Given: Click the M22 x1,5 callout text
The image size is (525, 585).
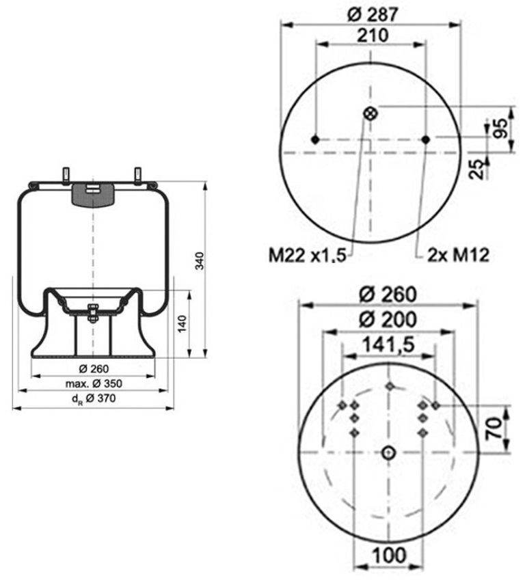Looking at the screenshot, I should tap(307, 256).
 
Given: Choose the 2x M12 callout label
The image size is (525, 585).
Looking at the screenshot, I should tap(457, 256).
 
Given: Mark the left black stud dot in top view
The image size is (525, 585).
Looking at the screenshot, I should tap(315, 139).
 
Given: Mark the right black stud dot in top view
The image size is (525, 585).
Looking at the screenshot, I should tap(426, 139).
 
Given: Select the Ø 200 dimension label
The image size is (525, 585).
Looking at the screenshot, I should tap(387, 320).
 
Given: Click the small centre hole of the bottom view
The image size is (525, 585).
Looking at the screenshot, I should tap(388, 452).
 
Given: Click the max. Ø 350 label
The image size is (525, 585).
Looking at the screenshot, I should tap(93, 383).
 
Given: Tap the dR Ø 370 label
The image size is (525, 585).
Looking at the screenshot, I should tap(93, 400).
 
